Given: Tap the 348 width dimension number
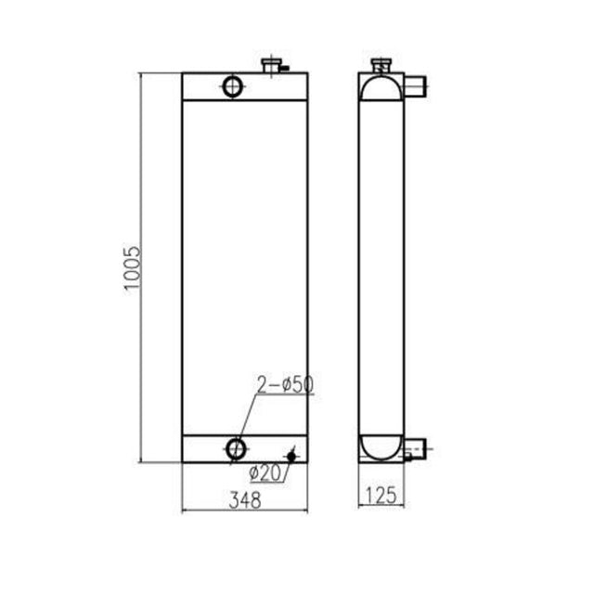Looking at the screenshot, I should [245, 498].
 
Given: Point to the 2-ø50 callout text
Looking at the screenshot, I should [284, 383].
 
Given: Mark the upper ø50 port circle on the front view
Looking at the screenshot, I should [233, 86].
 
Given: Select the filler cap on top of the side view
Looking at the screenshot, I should [381, 66].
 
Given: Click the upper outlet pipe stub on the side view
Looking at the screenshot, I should [415, 88].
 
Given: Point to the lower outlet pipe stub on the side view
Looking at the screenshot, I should [414, 451].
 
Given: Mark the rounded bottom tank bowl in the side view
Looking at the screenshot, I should [381, 446].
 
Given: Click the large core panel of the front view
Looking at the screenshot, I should [244, 269].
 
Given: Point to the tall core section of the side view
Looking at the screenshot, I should [381, 269].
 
